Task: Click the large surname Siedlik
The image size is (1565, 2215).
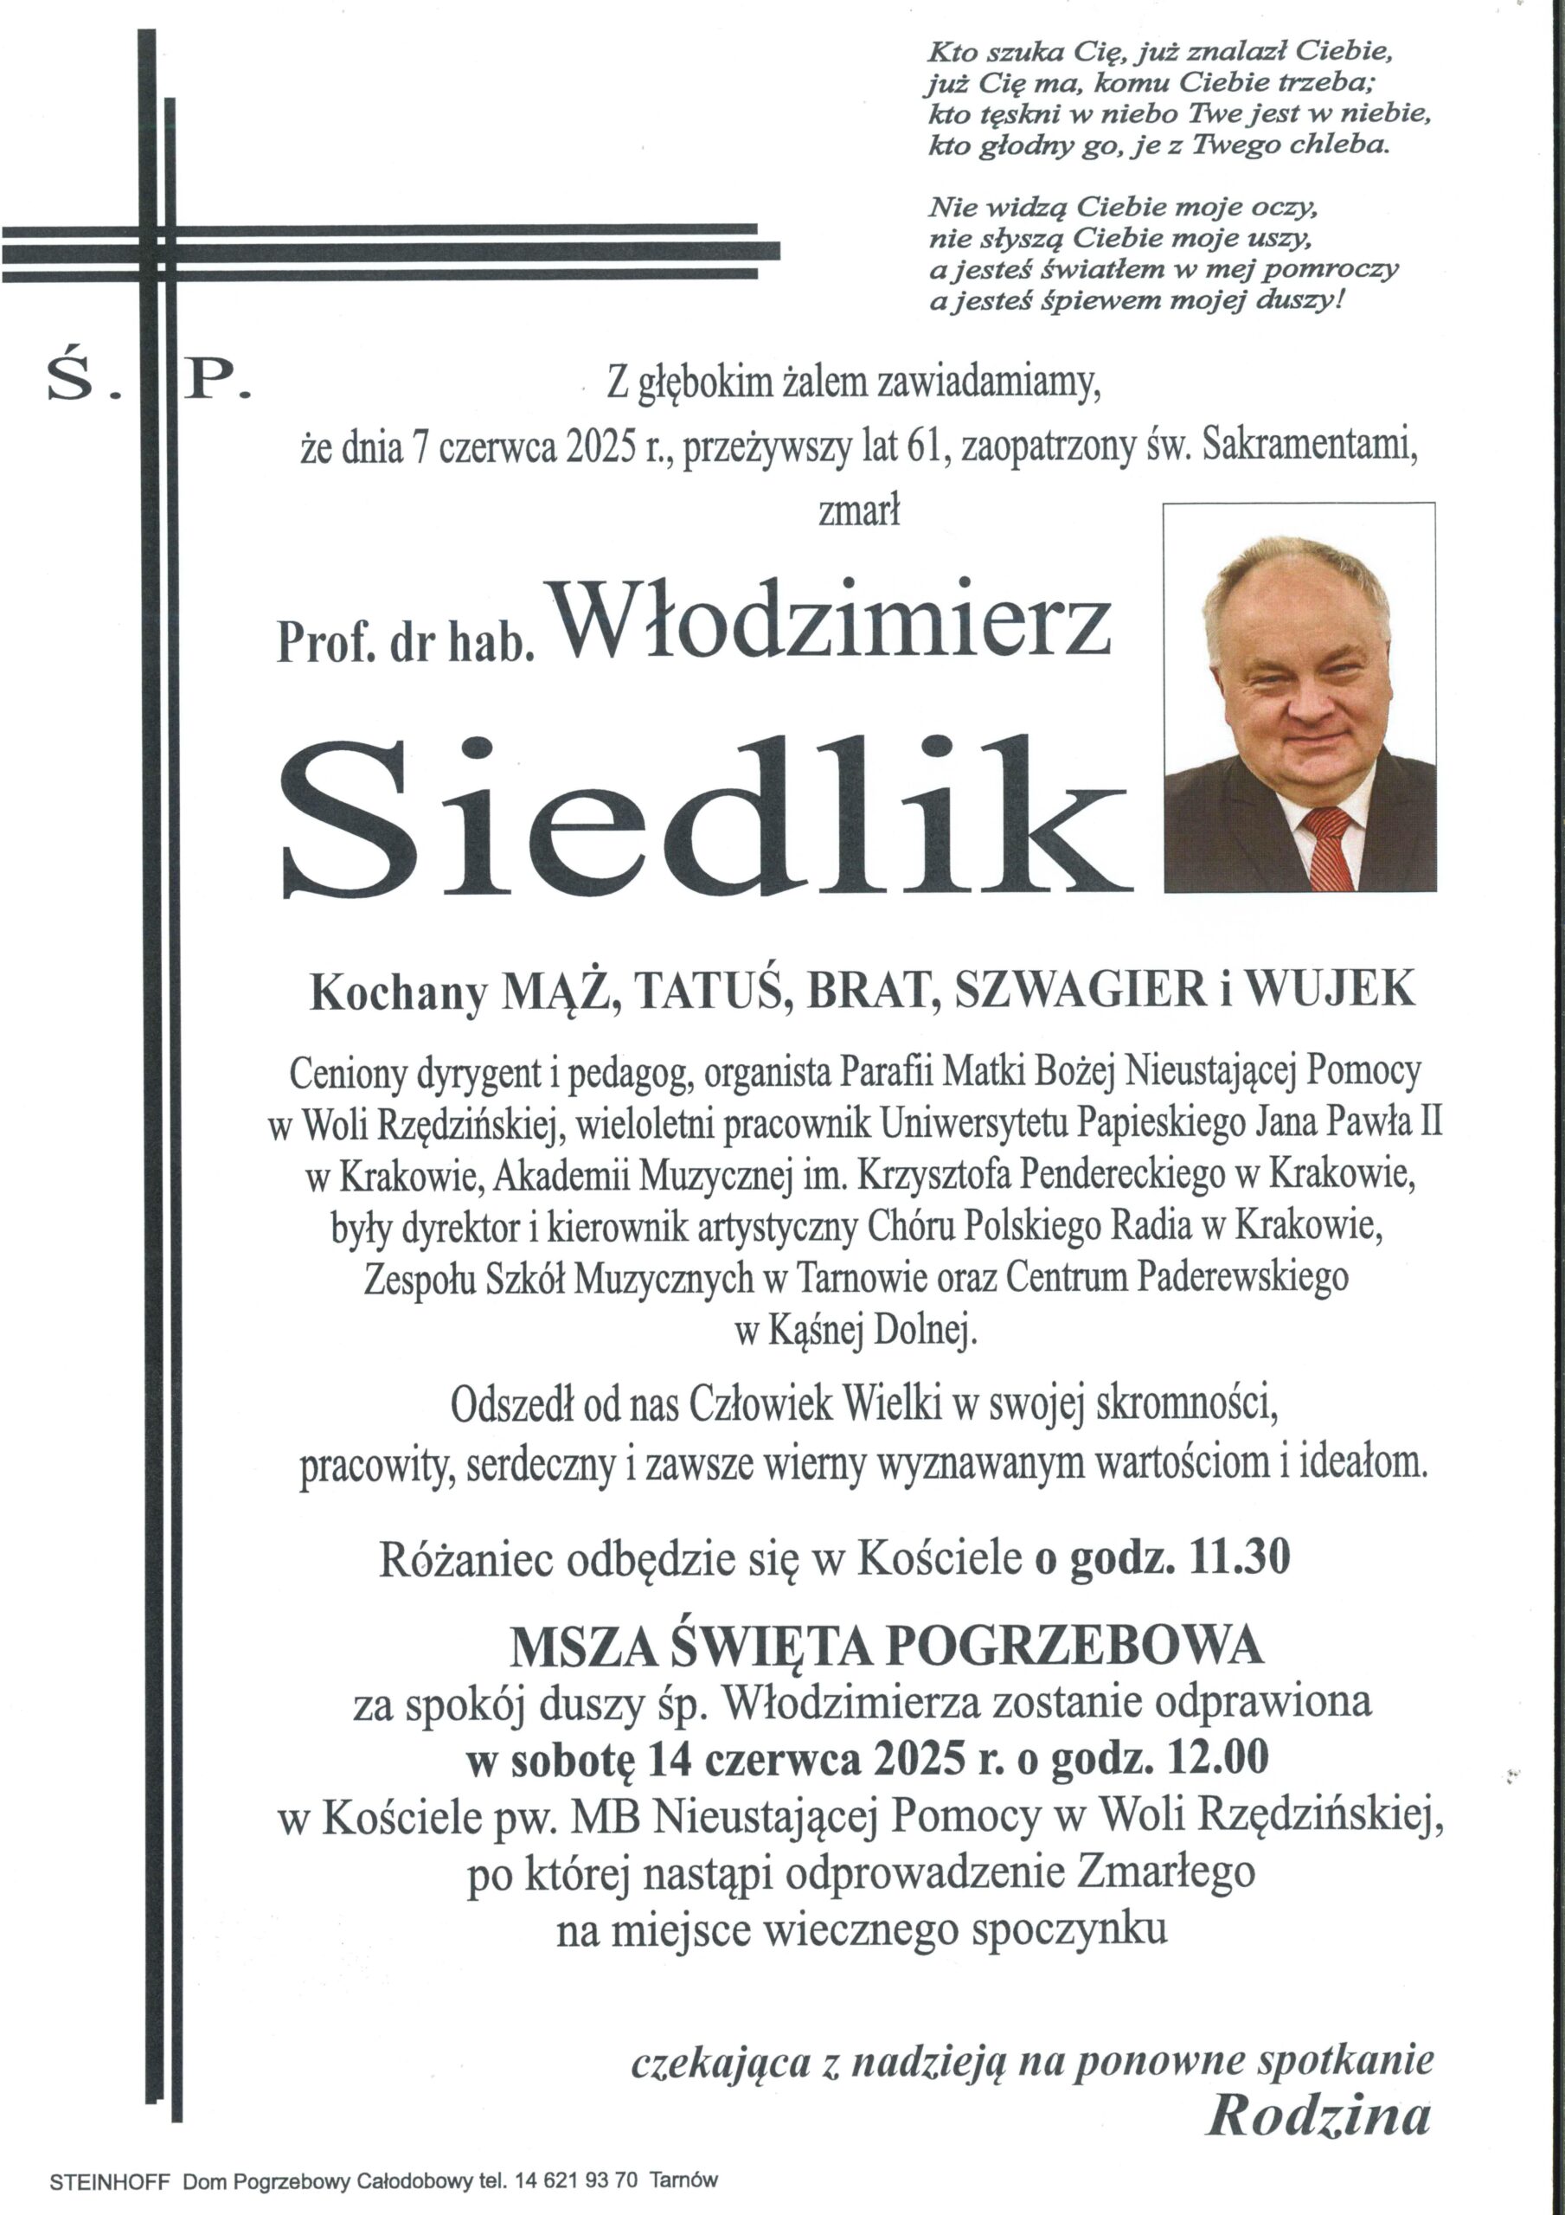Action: (704, 819)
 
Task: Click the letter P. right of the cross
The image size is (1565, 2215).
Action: (217, 381)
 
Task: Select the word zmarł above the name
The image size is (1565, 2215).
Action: (859, 510)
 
